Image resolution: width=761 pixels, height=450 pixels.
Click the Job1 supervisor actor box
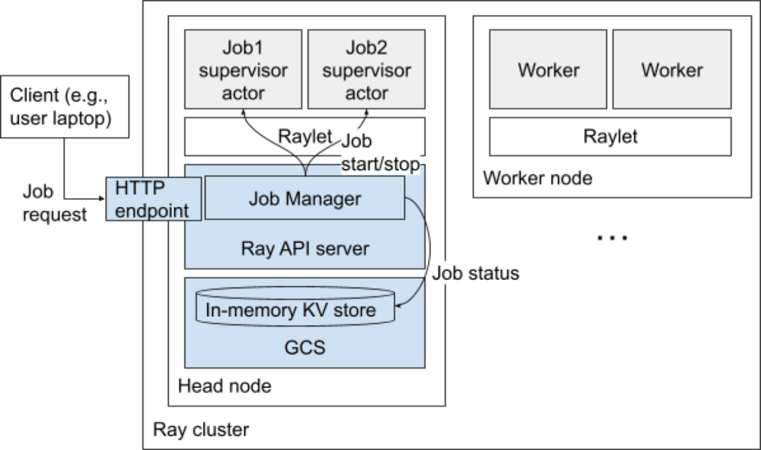click(x=243, y=69)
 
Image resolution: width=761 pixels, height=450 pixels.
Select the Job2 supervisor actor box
click(x=367, y=69)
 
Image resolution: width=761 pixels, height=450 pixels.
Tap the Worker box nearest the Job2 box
click(x=548, y=69)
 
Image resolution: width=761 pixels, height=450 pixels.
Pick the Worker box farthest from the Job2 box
click(x=672, y=69)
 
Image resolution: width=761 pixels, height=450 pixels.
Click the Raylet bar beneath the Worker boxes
click(x=610, y=136)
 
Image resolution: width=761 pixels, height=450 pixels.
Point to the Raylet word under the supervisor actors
click(x=304, y=136)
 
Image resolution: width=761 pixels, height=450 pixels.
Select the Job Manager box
click(x=305, y=199)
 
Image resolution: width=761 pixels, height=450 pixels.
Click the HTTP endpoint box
click(x=153, y=199)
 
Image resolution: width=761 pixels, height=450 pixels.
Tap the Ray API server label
click(x=305, y=249)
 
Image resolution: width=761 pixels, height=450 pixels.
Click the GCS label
click(x=305, y=347)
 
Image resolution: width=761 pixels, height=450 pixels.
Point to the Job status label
click(x=476, y=273)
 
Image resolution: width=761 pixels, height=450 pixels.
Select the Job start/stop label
click(x=380, y=154)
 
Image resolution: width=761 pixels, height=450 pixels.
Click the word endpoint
click(x=152, y=210)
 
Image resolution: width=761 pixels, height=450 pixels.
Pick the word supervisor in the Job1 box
click(x=243, y=70)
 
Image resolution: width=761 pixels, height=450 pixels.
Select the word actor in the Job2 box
click(x=367, y=93)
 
